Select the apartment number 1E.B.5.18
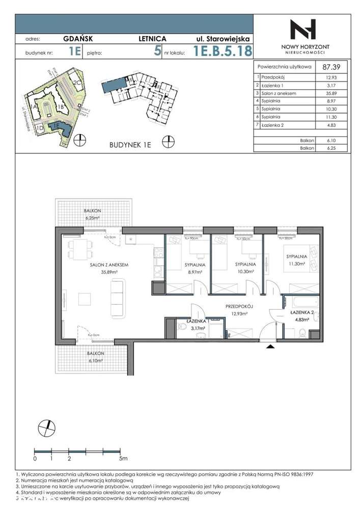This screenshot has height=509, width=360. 223,51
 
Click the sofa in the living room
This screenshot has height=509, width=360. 117,294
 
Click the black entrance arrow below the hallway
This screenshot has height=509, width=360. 270,346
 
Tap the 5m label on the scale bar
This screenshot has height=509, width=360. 123,459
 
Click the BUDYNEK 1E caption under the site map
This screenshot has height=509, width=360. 130,145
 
